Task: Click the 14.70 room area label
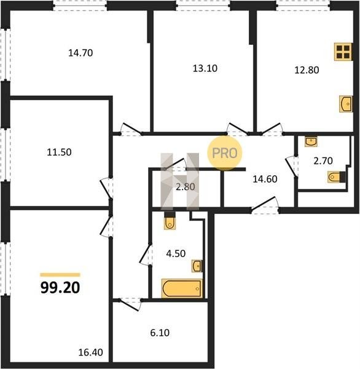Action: point(80,53)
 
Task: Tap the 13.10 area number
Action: point(205,68)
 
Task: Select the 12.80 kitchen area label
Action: point(307,70)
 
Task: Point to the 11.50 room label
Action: point(59,153)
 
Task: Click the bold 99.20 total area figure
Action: point(60,288)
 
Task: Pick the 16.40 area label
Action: point(90,352)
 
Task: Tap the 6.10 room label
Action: point(160,333)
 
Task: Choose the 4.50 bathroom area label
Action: point(176,253)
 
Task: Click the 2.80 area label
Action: point(186,187)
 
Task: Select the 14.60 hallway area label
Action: point(265,179)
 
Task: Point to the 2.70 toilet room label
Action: point(323,161)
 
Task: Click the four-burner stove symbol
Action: point(343,52)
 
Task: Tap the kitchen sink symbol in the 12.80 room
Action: point(346,104)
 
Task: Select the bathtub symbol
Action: point(182,288)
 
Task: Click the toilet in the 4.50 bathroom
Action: point(170,221)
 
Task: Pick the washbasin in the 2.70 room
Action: point(311,141)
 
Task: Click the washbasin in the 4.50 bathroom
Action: point(197,266)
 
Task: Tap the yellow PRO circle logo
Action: point(225,153)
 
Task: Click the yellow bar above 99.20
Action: point(60,275)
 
